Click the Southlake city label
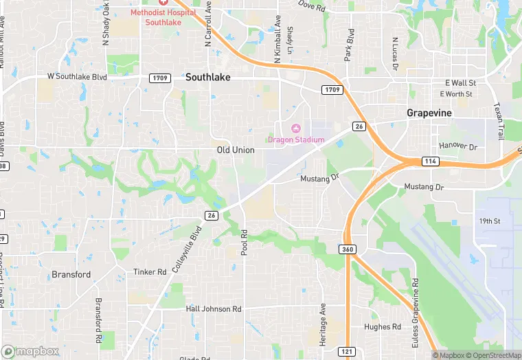click(x=207, y=78)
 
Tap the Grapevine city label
click(x=429, y=112)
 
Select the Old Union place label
click(x=236, y=150)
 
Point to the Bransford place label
click(x=71, y=274)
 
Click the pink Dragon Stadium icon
click(x=297, y=128)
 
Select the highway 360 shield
click(x=348, y=249)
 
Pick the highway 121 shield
click(x=348, y=352)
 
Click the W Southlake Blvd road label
click(x=77, y=77)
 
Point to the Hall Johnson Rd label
click(x=214, y=309)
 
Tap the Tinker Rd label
click(x=150, y=272)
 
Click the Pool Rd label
click(x=244, y=242)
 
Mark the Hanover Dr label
click(x=458, y=146)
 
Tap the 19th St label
click(x=490, y=221)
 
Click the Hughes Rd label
click(x=383, y=327)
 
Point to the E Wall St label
click(x=460, y=82)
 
